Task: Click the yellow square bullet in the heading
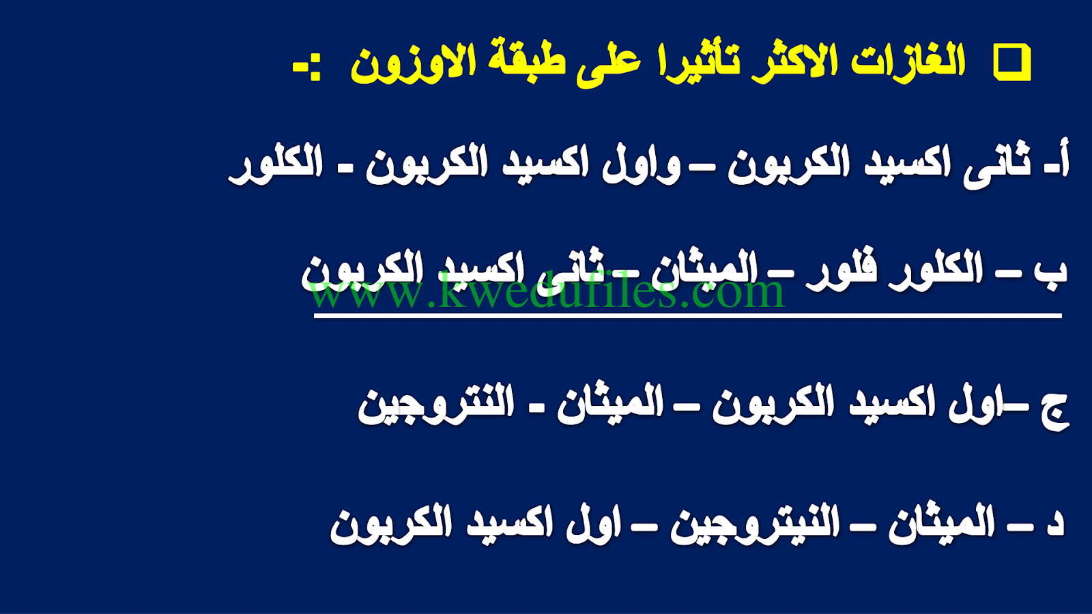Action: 1013,62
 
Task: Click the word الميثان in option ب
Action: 703,270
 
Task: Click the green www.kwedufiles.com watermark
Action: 547,291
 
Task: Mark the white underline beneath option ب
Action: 687,316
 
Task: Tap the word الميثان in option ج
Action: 610,405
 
